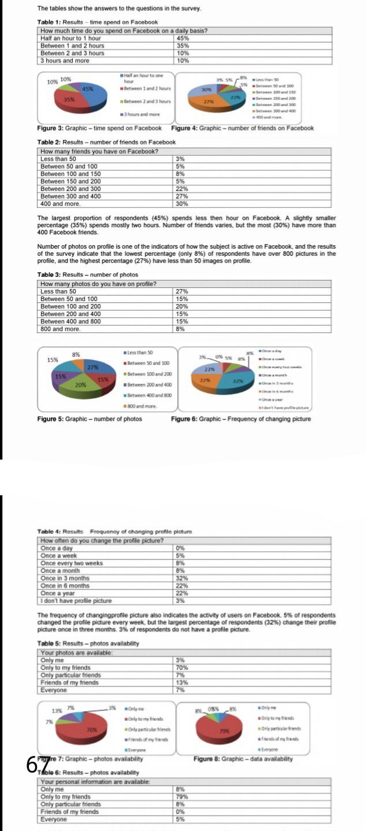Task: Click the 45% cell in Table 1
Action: (182, 38)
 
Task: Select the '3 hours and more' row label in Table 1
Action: (65, 60)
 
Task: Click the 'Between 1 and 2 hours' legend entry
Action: (148, 88)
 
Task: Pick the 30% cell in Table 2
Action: (182, 204)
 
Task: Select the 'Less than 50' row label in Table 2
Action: (58, 159)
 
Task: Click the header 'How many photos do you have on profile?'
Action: (99, 284)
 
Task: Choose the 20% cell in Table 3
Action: (182, 306)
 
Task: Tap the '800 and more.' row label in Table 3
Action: (59, 329)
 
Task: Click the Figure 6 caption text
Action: (241, 418)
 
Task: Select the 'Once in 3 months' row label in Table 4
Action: (65, 578)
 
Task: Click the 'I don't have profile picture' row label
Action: (76, 600)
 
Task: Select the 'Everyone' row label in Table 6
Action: (54, 819)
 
